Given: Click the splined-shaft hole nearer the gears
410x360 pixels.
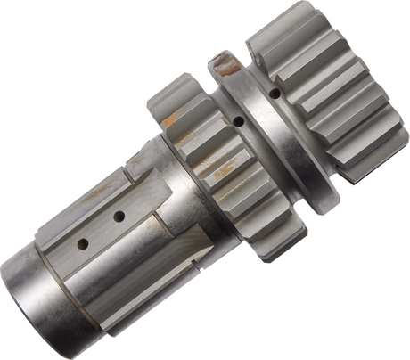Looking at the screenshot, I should click(x=118, y=216).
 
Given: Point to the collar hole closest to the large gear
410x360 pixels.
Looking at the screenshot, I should click(x=278, y=93).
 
